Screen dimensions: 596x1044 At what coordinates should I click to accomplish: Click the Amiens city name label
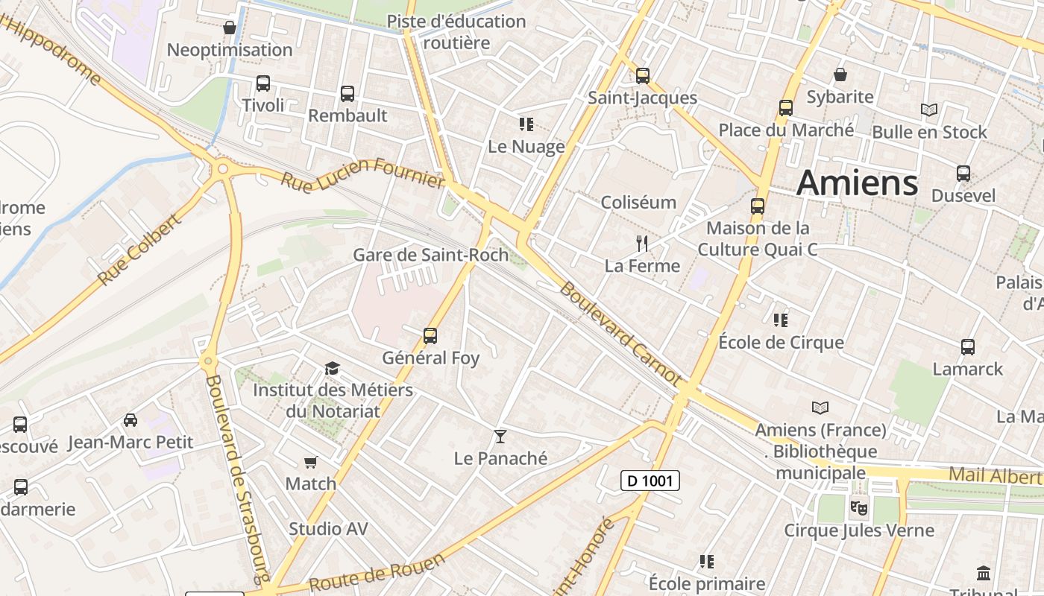(857, 183)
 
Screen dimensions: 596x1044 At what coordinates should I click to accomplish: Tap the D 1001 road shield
(650, 481)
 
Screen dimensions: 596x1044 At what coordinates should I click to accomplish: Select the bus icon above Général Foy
(430, 336)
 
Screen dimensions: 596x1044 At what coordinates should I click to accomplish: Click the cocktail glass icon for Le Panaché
(500, 436)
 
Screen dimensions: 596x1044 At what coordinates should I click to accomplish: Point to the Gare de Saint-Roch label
(430, 255)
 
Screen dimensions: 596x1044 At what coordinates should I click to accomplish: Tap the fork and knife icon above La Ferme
(641, 243)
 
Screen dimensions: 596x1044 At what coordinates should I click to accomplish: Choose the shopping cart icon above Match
(311, 463)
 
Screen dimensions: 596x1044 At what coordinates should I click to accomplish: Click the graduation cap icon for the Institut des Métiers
(332, 369)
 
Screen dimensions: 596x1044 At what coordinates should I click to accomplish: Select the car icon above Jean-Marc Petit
(130, 420)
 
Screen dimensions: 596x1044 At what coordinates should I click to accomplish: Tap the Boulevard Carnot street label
(620, 332)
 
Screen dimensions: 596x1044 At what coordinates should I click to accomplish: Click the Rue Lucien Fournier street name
(363, 173)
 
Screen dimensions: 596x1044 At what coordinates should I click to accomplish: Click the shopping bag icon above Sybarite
(840, 75)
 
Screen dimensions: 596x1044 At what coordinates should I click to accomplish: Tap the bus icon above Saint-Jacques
(643, 76)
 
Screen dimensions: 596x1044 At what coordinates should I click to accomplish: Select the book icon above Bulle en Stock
(929, 110)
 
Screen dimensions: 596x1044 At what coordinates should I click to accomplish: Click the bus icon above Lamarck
(968, 347)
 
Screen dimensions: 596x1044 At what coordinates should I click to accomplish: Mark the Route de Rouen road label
(377, 572)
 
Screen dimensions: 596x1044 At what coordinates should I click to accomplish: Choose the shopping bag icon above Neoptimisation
(230, 28)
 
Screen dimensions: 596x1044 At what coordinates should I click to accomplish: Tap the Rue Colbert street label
(139, 250)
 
